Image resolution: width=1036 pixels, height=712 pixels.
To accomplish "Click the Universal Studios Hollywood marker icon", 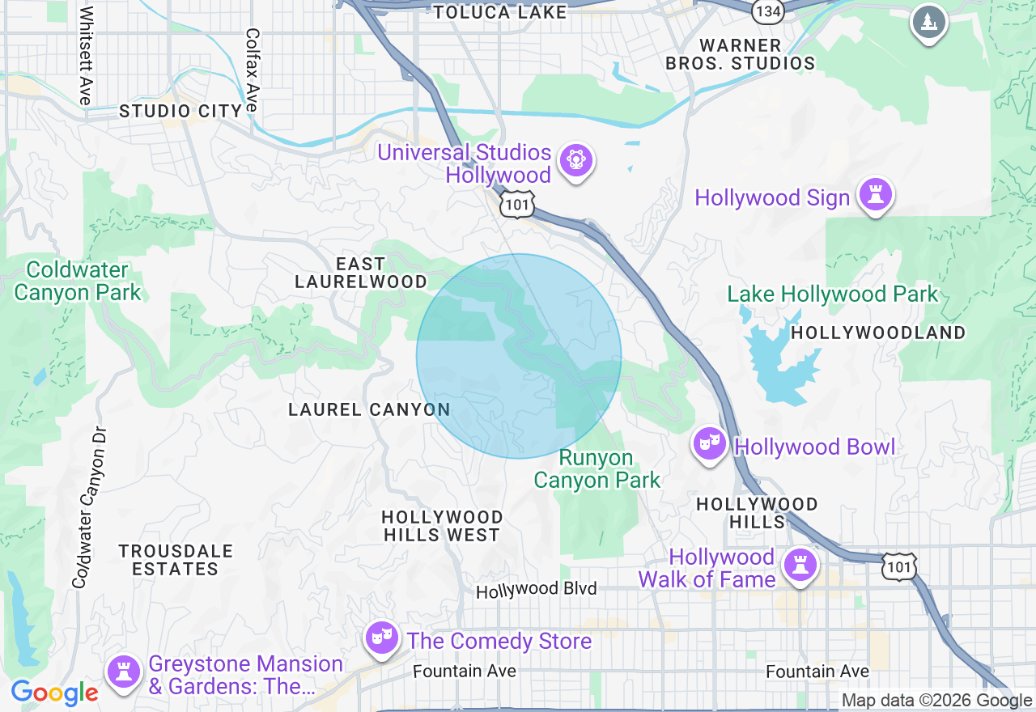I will [x=575, y=159].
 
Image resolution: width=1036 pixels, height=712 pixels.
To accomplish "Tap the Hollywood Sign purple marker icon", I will [x=875, y=194].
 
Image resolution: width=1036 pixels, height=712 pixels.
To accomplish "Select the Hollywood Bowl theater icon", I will [x=709, y=443].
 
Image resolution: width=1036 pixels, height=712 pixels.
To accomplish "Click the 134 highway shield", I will [x=766, y=11].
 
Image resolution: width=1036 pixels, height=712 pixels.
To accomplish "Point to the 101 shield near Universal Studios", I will [x=516, y=205].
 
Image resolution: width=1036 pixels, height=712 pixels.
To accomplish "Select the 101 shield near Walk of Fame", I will [x=899, y=566].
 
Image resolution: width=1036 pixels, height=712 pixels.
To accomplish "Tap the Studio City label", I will [x=180, y=111].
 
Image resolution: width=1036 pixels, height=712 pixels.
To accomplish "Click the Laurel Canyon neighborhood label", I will [x=369, y=409].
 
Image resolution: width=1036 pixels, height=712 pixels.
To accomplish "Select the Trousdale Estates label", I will [x=176, y=560].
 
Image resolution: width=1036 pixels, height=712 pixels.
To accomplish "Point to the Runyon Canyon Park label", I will [x=597, y=468].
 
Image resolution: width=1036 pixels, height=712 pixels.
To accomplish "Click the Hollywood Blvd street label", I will [x=536, y=590].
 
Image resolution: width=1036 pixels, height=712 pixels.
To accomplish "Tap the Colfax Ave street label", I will [x=253, y=70].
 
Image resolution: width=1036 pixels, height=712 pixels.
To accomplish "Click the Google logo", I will [x=54, y=693].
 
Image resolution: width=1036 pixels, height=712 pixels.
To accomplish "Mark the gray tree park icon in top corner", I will [x=929, y=22].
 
